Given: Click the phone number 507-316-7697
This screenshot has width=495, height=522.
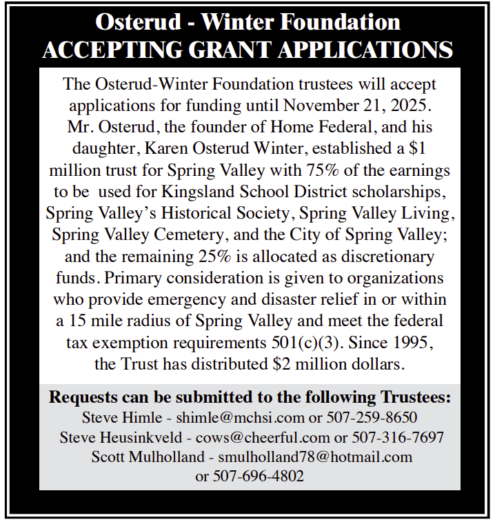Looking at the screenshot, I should point(398,437).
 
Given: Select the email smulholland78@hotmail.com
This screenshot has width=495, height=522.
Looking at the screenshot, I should point(314,456).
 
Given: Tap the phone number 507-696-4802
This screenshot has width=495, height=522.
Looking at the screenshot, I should point(259,476).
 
